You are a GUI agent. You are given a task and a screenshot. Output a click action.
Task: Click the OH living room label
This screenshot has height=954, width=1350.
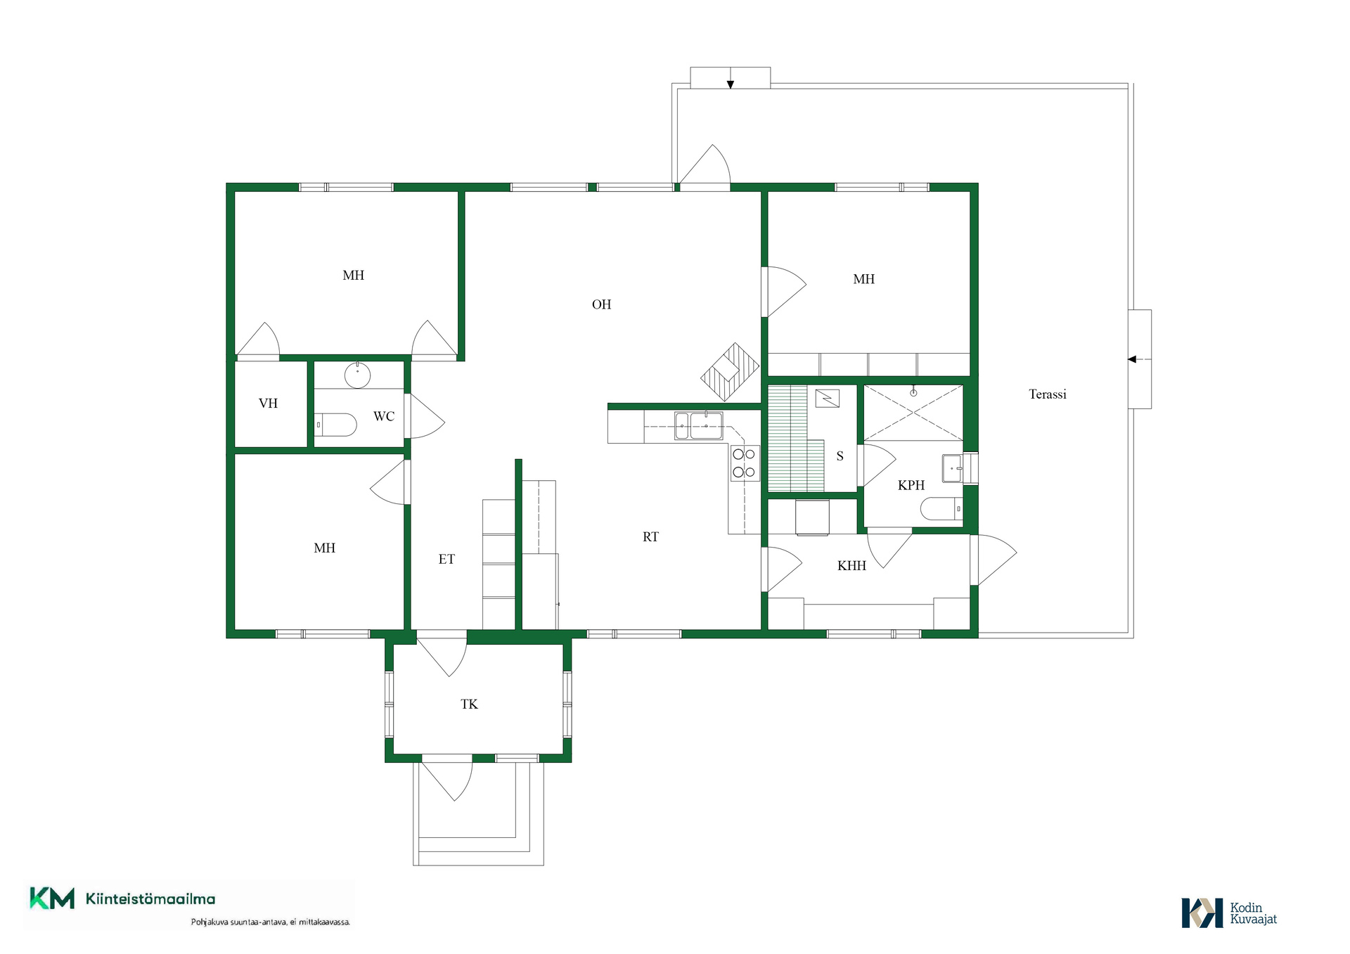coord(601,304)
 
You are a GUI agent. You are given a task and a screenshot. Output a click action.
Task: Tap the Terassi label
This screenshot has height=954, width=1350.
coord(1047,394)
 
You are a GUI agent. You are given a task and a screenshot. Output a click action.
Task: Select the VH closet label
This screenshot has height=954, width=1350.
coord(268,404)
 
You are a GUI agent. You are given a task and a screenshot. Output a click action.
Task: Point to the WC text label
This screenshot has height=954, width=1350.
coord(384,416)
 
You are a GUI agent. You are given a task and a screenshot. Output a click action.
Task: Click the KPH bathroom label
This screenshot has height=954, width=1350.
coord(911,485)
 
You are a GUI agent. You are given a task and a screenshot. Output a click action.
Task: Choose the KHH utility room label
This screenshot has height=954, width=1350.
coord(851,565)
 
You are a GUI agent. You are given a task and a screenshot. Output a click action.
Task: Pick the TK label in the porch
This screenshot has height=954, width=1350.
coord(469,704)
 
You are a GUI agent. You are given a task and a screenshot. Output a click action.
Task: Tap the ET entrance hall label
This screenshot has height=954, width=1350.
coord(446,560)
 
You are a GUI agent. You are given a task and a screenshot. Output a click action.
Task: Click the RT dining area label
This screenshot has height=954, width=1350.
coord(650,537)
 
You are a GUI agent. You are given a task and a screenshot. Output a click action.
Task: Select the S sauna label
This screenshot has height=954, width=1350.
coord(840,456)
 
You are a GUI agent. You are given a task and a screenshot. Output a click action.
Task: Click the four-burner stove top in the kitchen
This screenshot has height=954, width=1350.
coord(744,463)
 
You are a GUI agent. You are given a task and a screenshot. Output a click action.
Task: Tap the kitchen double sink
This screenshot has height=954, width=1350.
coord(699,426)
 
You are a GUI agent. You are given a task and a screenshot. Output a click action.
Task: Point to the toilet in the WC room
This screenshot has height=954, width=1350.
coord(335,425)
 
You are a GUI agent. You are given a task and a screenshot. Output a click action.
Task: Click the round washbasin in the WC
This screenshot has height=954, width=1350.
coord(357,375)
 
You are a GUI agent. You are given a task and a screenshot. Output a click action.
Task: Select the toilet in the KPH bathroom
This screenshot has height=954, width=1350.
coord(941,508)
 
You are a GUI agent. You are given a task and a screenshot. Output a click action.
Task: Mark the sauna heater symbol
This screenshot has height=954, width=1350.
coord(828,399)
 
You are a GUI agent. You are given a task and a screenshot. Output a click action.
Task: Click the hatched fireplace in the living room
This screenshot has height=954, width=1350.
coord(730,372)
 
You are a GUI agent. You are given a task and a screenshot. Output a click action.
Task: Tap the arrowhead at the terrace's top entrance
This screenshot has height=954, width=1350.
coord(731,85)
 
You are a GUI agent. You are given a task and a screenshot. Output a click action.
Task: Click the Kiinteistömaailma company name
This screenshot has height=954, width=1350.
coord(150,899)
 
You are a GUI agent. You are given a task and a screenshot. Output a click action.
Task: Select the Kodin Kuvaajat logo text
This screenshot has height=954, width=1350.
coord(1253,913)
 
